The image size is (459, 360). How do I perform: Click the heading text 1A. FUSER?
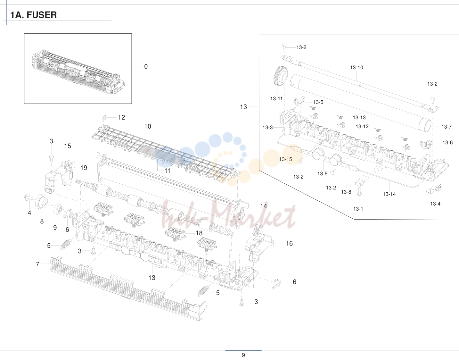click(33, 15)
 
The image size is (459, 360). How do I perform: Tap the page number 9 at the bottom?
click(243, 355)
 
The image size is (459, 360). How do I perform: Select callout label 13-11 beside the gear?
click(276, 98)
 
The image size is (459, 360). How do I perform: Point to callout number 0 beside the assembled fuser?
click(146, 66)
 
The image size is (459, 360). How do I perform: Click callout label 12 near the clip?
click(121, 117)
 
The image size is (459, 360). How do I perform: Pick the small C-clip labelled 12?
click(104, 118)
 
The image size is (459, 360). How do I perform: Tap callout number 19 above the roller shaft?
click(84, 168)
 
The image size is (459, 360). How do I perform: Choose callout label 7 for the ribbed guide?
click(37, 264)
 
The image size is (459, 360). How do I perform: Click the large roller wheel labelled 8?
click(41, 202)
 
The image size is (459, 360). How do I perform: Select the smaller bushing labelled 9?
click(58, 209)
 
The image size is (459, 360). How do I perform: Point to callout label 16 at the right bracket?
click(289, 243)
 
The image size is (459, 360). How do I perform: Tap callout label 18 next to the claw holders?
click(199, 233)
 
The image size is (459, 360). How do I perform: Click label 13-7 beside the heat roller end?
click(446, 127)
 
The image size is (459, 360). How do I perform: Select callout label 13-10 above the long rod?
click(357, 67)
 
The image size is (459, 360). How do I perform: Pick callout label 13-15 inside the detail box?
click(286, 159)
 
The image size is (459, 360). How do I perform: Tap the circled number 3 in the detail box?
click(378, 170)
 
